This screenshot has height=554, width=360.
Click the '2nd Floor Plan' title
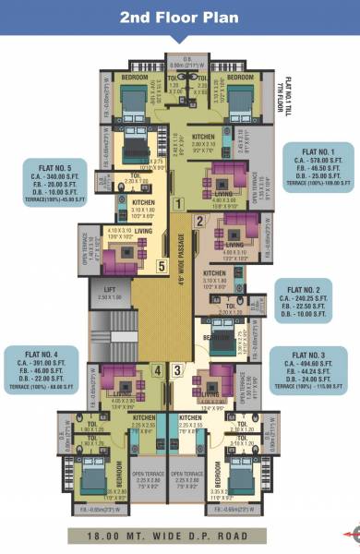click(180, 18)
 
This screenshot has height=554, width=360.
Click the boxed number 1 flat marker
click(180, 202)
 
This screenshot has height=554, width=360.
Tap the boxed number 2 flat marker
click(198, 221)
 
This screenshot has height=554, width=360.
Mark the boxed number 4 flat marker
click(157, 371)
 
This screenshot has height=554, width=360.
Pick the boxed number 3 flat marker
click(178, 371)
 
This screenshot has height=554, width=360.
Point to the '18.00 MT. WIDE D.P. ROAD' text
click(181, 535)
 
